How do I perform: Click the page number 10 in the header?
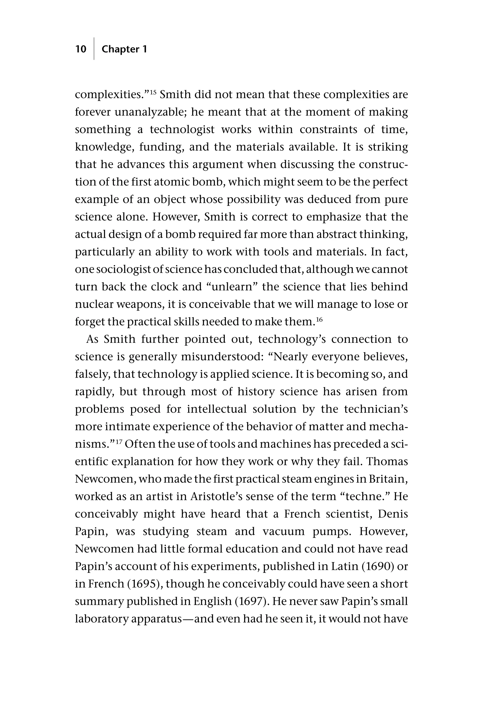(81, 49)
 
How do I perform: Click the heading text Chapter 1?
(124, 49)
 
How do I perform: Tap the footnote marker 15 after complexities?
(154, 92)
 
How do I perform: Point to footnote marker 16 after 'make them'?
(319, 319)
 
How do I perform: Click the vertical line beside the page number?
(94, 49)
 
